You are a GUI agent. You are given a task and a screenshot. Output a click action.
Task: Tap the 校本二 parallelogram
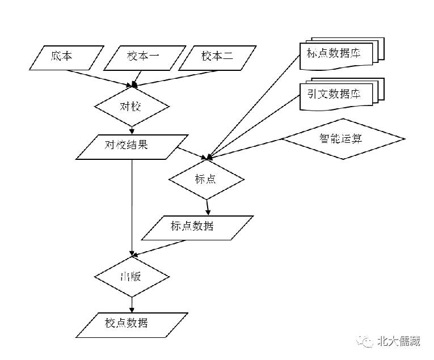pyautogui.click(x=216, y=57)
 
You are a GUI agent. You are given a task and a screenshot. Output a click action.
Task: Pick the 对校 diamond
pyautogui.click(x=132, y=106)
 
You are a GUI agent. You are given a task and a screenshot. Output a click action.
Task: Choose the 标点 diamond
pyautogui.click(x=207, y=179)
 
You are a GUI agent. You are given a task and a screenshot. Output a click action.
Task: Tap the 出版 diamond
pyautogui.click(x=132, y=276)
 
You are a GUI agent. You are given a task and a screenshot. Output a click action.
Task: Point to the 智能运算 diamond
pyautogui.click(x=343, y=139)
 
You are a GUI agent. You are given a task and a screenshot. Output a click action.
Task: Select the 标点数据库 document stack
pyautogui.click(x=340, y=55)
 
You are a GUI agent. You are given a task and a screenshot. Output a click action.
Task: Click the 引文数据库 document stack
pyautogui.click(x=340, y=92)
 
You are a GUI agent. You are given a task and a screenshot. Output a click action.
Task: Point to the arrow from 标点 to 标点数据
pyautogui.click(x=208, y=205)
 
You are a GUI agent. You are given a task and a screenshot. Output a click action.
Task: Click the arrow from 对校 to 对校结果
pyautogui.click(x=132, y=130)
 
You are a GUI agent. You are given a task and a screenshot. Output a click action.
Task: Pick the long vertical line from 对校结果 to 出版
pyautogui.click(x=132, y=204)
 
